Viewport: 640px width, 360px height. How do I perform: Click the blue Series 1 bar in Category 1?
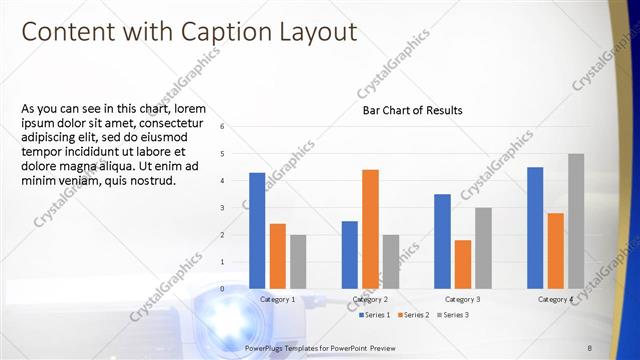pos(257,230)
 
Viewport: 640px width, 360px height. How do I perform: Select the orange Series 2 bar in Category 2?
pos(370,228)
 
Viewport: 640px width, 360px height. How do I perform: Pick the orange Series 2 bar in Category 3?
pos(462,264)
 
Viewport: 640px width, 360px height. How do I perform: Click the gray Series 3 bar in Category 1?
pos(298,261)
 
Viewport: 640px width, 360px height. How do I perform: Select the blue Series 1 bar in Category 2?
pos(349,254)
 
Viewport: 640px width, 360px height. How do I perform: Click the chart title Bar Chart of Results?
pos(412,111)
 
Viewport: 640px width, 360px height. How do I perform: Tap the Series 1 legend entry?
pos(375,315)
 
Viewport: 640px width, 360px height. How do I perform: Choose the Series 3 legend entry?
pos(452,315)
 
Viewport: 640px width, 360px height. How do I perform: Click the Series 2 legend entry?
pos(414,315)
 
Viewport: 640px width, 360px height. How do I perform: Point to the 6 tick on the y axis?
pos(236,126)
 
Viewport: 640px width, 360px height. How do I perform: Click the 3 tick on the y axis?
pos(236,207)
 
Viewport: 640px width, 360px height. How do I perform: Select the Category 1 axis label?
pos(277,299)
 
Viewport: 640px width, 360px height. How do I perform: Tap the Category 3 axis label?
pos(462,299)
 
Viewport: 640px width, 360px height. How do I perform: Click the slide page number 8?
pos(590,347)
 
